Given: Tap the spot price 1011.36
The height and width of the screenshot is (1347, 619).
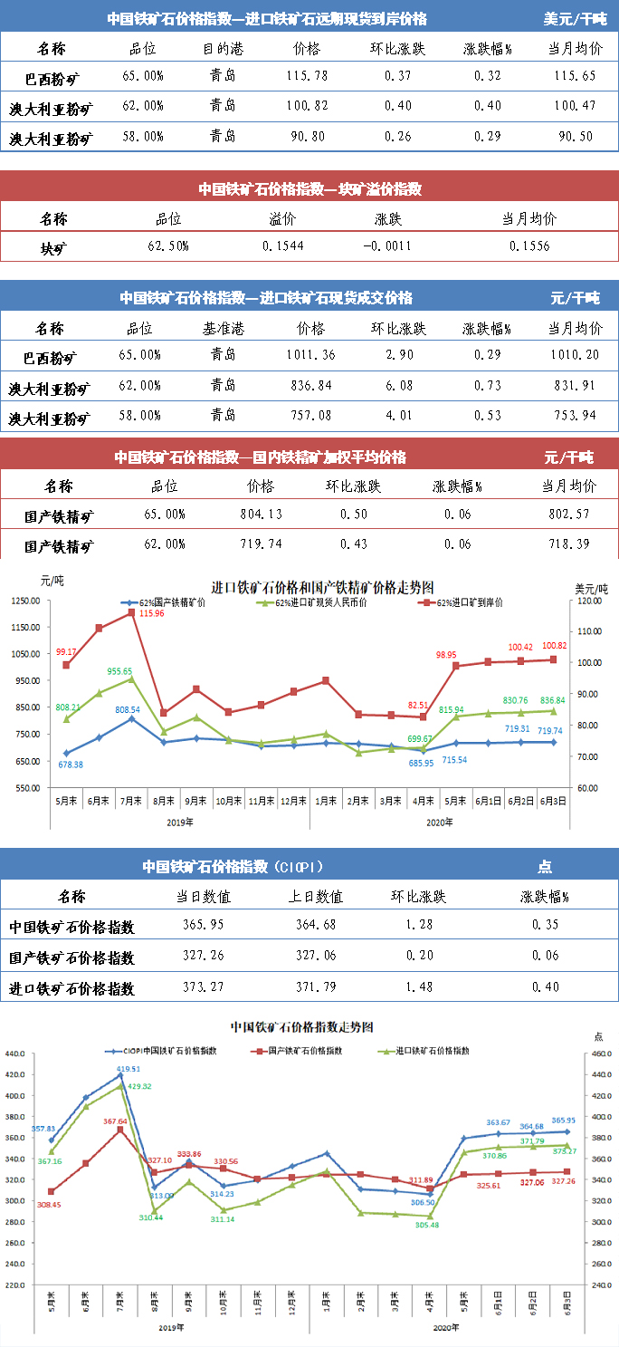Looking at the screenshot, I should (x=309, y=354).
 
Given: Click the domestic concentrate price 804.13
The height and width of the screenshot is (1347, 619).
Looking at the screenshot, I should (x=261, y=514).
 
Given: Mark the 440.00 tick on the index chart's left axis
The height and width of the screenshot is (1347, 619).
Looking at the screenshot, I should (x=15, y=1054).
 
